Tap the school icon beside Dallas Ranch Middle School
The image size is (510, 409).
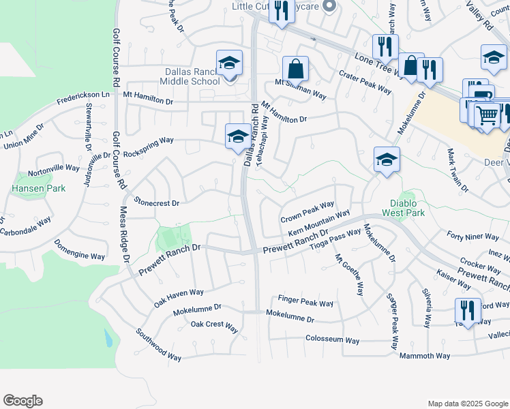click(230, 63)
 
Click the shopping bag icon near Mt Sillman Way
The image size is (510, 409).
click(295, 68)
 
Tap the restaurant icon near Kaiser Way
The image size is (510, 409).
click(468, 310)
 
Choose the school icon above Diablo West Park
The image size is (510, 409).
click(387, 160)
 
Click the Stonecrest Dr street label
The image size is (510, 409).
click(157, 202)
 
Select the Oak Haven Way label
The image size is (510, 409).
click(179, 292)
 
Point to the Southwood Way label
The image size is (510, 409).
click(158, 345)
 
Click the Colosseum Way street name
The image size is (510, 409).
click(332, 339)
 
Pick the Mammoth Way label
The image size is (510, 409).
click(424, 356)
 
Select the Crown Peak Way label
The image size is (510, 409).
click(307, 211)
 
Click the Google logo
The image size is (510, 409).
click(22, 401)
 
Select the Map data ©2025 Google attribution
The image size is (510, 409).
click(467, 404)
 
